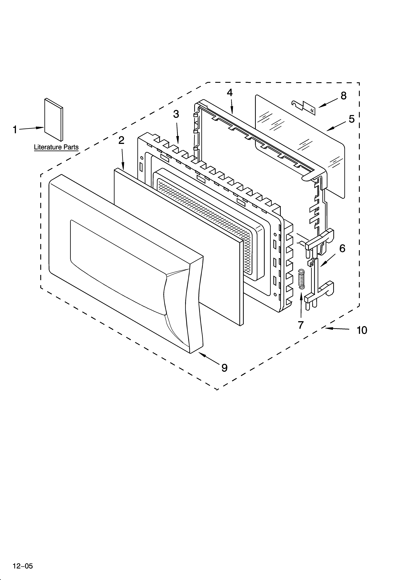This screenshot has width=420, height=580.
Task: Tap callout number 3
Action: pyautogui.click(x=176, y=114)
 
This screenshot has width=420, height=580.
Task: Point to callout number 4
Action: pyautogui.click(x=230, y=93)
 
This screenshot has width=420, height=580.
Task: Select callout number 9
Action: pyautogui.click(x=224, y=368)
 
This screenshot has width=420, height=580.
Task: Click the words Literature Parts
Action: pyautogui.click(x=56, y=147)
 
